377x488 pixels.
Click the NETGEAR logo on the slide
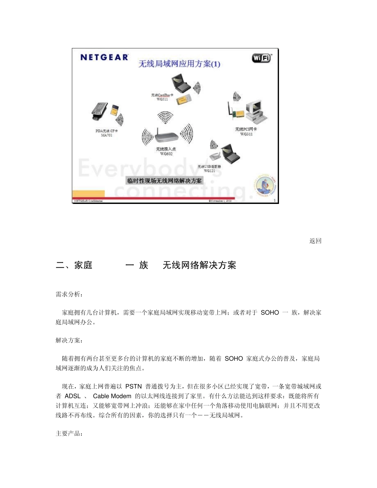[104, 57]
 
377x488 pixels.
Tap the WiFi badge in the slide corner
[262, 58]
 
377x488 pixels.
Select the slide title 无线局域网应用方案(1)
[179, 64]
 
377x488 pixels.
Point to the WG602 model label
[166, 154]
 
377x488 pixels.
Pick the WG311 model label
[246, 134]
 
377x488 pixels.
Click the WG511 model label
[162, 100]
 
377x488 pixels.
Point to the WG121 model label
[210, 171]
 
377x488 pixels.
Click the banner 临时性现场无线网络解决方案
[164, 181]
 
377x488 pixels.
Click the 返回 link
[315, 241]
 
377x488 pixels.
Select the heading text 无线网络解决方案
[199, 266]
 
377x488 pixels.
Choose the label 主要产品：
[69, 434]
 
